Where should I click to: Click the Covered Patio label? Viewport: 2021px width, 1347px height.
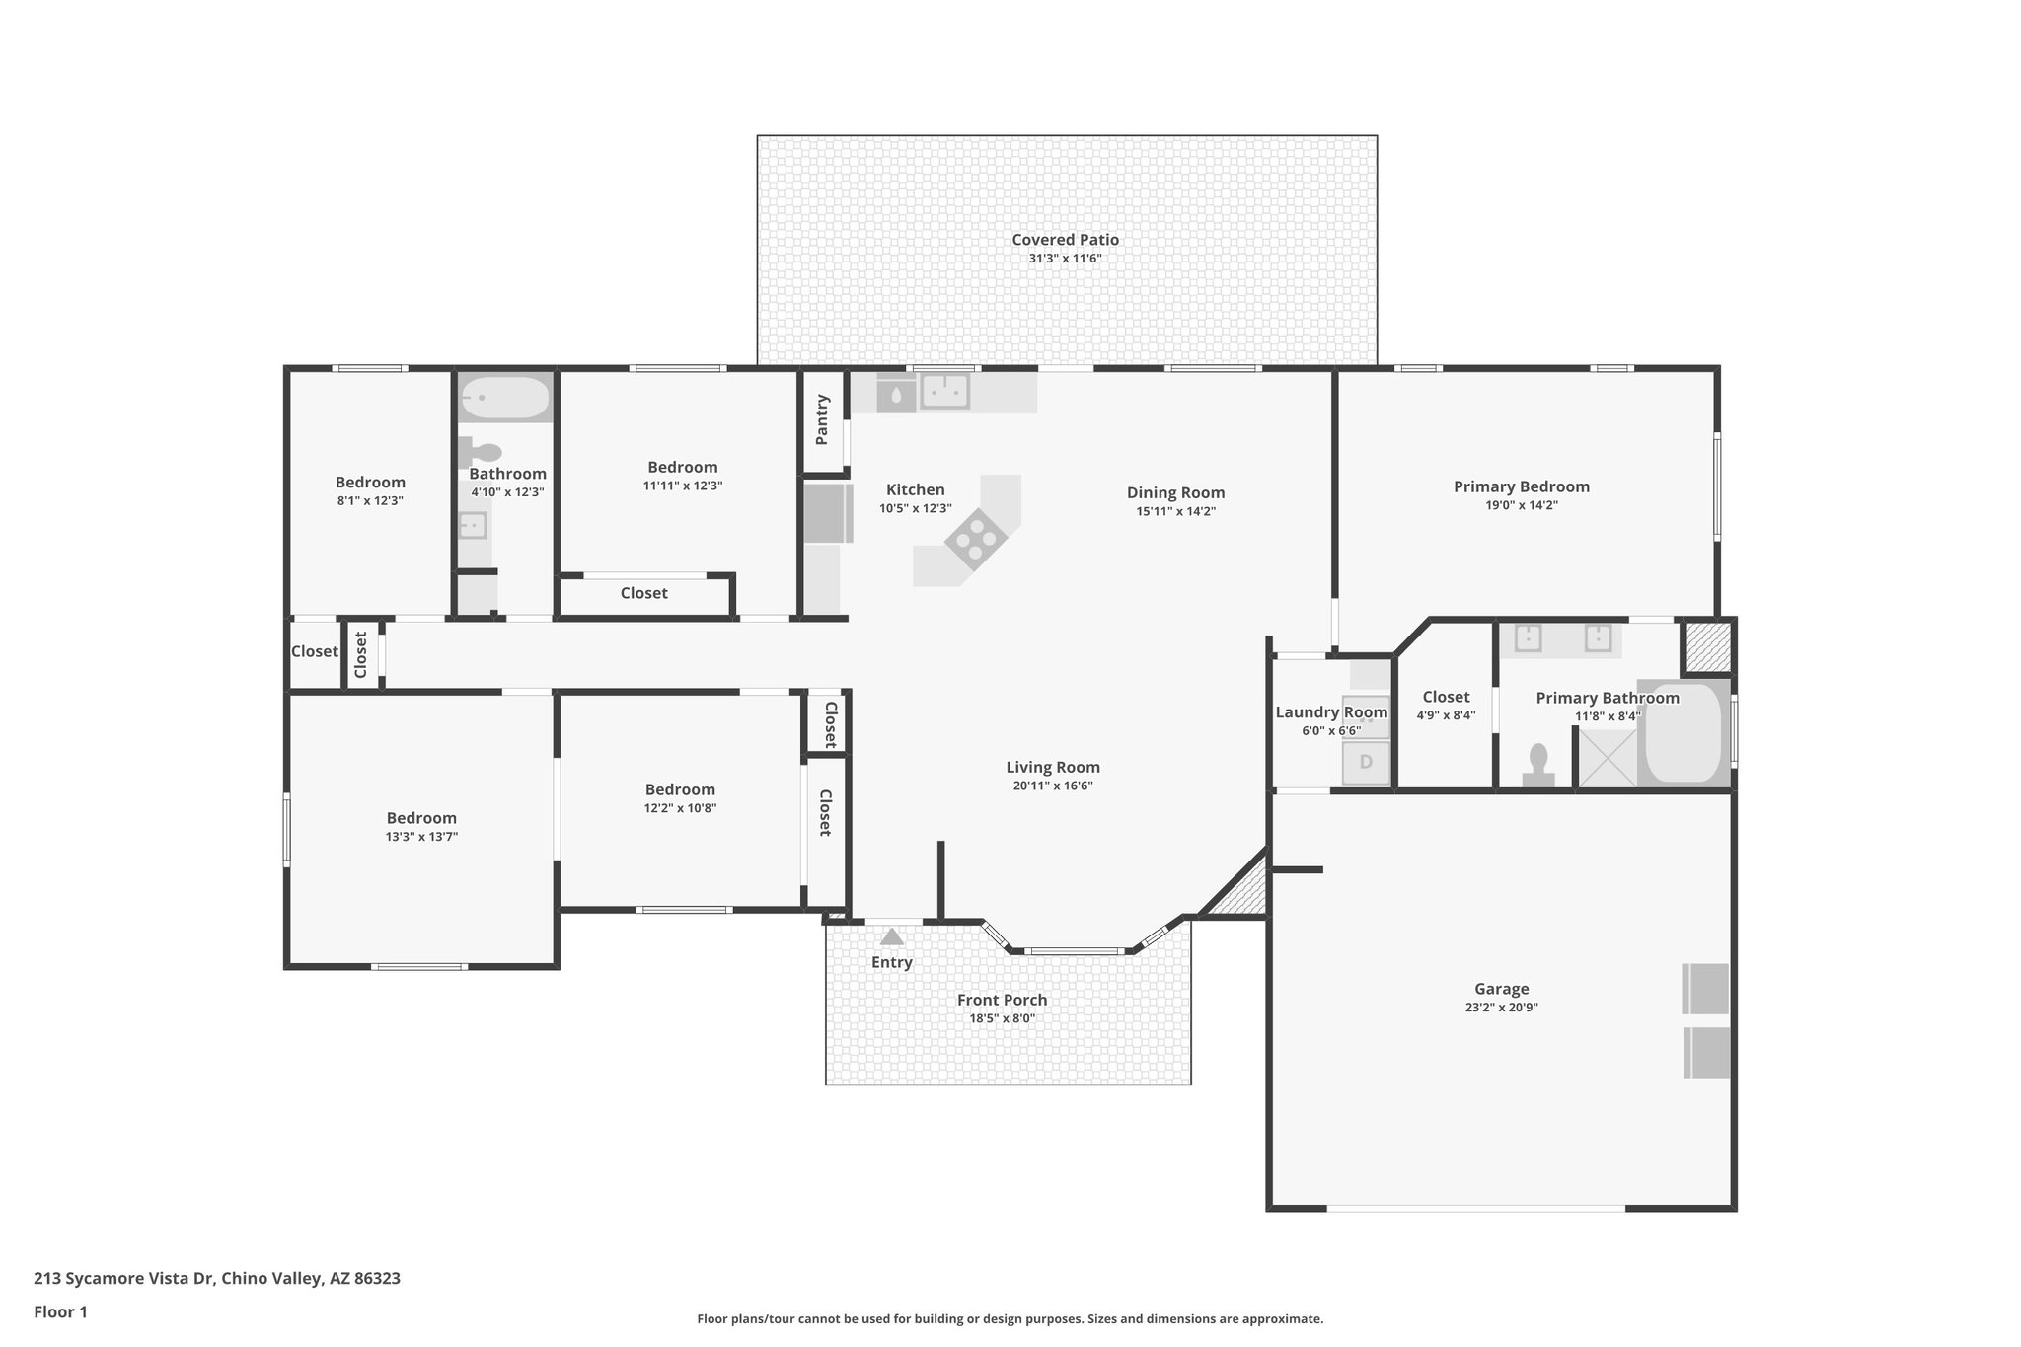point(1065,240)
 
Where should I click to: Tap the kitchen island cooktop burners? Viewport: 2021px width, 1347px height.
point(975,539)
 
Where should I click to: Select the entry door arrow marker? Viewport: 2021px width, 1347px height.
point(892,936)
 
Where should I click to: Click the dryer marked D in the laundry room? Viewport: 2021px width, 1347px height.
point(1366,762)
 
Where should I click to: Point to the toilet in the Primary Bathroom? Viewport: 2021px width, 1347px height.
point(1537,766)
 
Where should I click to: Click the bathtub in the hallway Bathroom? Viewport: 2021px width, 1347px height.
point(505,399)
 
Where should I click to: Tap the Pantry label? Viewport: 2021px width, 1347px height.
point(823,419)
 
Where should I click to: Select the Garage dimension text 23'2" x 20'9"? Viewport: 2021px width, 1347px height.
point(1501,1008)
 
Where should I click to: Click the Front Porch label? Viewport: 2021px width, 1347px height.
point(1002,1000)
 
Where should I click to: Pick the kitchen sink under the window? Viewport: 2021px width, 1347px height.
point(944,392)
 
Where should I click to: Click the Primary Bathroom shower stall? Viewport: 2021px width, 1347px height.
point(1607,757)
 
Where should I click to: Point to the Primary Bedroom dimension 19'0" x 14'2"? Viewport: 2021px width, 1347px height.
point(1521,505)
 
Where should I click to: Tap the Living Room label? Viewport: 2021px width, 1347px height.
point(1052,767)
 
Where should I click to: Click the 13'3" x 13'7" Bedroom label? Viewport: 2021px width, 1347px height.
point(421,818)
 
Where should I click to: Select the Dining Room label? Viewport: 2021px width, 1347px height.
point(1175,492)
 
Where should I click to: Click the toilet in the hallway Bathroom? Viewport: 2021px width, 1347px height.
point(481,453)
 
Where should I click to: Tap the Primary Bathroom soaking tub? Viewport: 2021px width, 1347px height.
point(1683,733)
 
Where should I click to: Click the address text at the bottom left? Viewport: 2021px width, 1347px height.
point(217,1278)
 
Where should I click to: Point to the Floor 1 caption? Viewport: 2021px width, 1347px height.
point(60,1311)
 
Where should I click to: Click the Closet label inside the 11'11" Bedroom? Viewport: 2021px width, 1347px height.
point(643,593)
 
